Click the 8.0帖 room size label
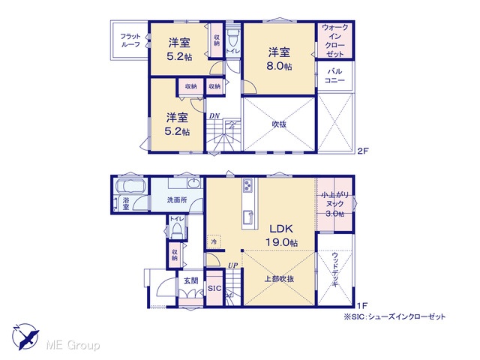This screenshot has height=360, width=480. click(279, 67)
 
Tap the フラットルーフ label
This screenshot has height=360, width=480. click(130, 40)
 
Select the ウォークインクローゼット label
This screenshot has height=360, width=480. click(335, 40)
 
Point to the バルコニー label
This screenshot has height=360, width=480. click(335, 76)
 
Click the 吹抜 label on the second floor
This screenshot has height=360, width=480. click(279, 124)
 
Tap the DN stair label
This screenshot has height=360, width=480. click(214, 116)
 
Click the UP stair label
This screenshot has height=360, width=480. click(232, 265)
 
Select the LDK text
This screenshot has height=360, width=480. click(281, 229)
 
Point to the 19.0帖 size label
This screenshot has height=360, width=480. click(281, 243)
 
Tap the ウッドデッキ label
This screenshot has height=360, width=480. click(335, 269)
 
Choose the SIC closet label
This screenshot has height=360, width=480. click(214, 288)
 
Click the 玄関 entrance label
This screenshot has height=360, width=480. click(190, 280)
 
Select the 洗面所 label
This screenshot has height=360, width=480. click(177, 200)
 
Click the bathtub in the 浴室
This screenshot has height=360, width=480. click(130, 187)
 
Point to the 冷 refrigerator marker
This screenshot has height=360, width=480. click(214, 241)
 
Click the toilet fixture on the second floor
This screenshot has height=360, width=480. click(233, 38)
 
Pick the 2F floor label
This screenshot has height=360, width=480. click(362, 151)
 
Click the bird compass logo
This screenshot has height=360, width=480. click(25, 336)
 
